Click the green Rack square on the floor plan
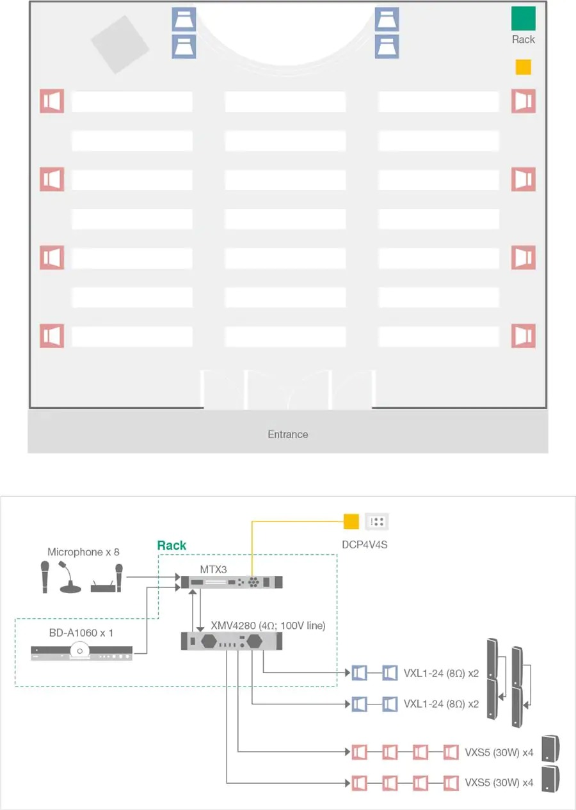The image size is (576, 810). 523,19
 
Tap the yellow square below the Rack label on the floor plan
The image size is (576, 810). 523,67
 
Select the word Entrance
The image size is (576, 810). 288,434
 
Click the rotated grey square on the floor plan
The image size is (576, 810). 120,45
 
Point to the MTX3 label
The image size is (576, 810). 214,569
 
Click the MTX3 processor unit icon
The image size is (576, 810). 232,582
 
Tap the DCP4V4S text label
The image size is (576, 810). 365,545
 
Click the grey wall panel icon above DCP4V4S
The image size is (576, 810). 377,521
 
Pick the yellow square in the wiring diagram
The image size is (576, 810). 351,521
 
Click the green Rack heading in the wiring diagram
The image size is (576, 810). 172,545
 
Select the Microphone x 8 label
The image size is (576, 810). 83,552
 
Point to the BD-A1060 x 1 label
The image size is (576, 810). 81,633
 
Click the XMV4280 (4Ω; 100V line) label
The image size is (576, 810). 268,626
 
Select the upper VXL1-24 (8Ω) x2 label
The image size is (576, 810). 441,673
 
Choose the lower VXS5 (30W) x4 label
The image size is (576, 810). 499,783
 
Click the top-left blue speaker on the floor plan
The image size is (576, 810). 184,19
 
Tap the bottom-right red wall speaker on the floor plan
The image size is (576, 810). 524,335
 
